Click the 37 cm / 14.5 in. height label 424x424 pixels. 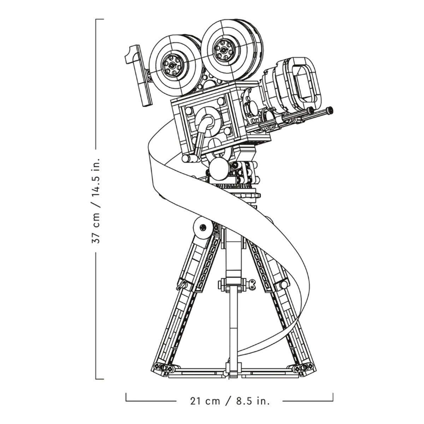click(x=96, y=200)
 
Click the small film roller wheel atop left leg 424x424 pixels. click(x=203, y=228)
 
